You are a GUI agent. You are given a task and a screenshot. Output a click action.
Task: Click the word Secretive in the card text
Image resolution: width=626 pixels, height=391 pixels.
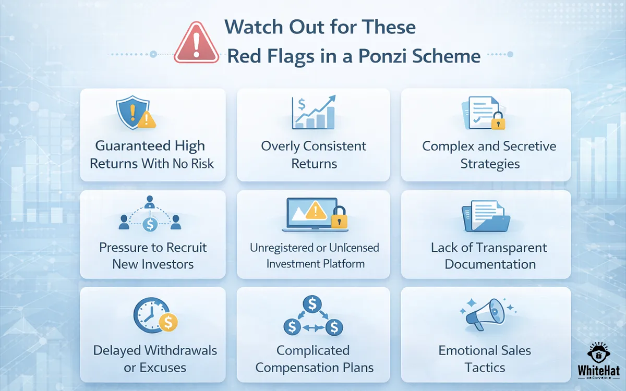pyautogui.click(x=524, y=146)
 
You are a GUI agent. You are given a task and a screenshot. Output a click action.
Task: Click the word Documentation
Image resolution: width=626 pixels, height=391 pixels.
pyautogui.click(x=490, y=264)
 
